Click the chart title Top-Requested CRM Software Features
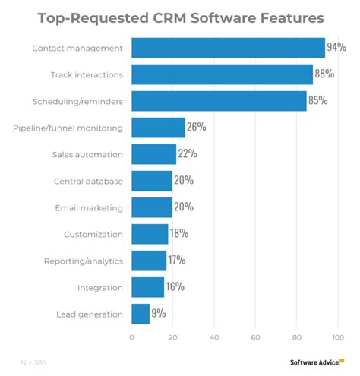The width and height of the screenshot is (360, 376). tap(180, 17)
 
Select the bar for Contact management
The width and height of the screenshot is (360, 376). tap(228, 48)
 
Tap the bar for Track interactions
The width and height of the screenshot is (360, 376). tap(222, 74)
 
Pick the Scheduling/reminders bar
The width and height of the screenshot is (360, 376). tap(219, 101)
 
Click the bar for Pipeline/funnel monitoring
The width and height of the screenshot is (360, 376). tap(158, 127)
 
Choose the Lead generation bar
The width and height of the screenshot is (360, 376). tap(141, 313)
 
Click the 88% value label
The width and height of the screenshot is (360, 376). tap(324, 74)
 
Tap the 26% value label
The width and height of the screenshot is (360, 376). tap(196, 127)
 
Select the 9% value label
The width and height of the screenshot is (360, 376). tap(158, 313)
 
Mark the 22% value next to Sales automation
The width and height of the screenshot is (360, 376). tap(188, 153)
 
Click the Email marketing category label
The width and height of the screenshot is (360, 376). tap(88, 207)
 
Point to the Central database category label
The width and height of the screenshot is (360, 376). tap(87, 181)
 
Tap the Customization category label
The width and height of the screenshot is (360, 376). tap(93, 234)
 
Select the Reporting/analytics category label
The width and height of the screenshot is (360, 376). tap(83, 261)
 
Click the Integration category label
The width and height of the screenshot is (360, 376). tap(99, 287)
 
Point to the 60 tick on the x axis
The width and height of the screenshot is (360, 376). tap(256, 337)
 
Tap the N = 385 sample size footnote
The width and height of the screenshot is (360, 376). tap(33, 362)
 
